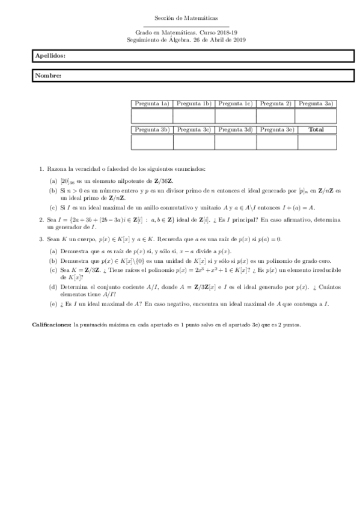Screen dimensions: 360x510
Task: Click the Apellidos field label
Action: (50, 55)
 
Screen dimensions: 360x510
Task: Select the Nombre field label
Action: (48, 76)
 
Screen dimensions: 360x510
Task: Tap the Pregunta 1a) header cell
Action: (152, 103)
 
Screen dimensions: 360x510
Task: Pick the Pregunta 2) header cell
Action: (276, 103)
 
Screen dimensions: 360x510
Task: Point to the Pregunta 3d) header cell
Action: (235, 129)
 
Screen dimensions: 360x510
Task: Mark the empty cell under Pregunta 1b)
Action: (194, 115)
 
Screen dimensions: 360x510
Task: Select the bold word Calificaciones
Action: (50, 325)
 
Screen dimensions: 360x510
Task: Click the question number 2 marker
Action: (41, 220)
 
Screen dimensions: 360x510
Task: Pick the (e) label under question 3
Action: (53, 304)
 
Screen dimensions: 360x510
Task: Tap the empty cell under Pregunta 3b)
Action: (152, 142)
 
